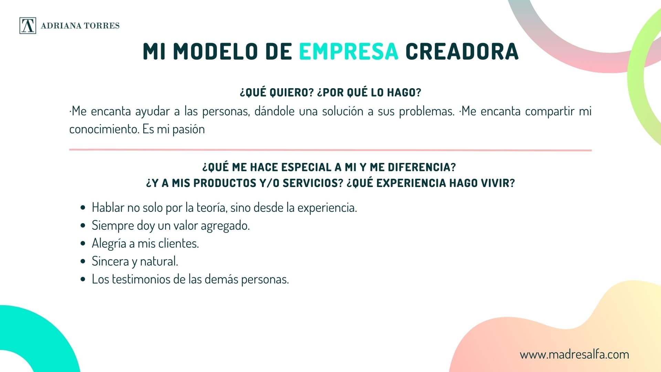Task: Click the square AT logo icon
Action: coord(28,25)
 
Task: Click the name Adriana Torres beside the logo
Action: coord(80,26)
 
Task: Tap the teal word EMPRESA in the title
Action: coord(348,51)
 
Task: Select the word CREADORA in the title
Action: coord(462,51)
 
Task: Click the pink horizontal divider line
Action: coord(330,150)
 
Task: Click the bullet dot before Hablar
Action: coord(83,208)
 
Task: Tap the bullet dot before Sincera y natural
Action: coord(83,261)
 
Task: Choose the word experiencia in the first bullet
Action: coord(327,208)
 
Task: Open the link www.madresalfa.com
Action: coord(574,354)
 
